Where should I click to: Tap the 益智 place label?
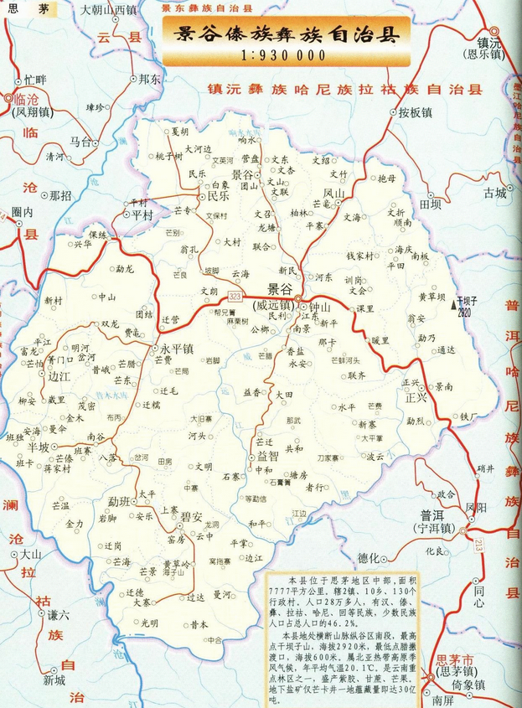tap(268, 457)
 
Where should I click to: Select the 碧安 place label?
tap(190, 516)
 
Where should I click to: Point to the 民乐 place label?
tap(219, 198)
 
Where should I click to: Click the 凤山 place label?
tap(333, 194)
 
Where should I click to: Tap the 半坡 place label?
tap(38, 447)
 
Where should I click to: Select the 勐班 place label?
tap(120, 500)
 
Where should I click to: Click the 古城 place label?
tap(494, 192)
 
